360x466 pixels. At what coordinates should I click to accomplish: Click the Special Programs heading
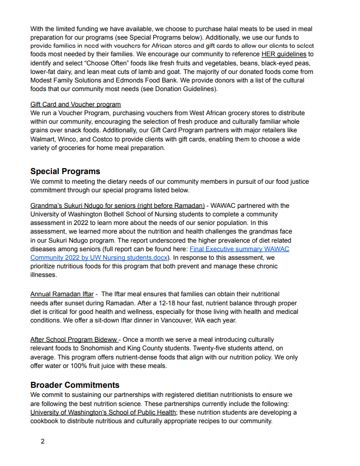coord(65,171)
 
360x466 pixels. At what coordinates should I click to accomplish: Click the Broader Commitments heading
coord(74,385)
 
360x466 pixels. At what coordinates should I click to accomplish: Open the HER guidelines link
coord(283,55)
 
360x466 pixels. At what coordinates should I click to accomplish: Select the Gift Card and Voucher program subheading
coord(76,104)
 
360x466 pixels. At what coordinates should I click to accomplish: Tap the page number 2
coord(43,441)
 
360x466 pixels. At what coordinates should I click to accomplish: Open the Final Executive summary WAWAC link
coord(239,249)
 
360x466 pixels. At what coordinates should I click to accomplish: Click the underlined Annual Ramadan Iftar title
coord(62,295)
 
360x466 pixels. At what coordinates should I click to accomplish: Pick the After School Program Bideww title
coord(74,340)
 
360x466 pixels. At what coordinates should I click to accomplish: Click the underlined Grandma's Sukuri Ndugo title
coord(117,206)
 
